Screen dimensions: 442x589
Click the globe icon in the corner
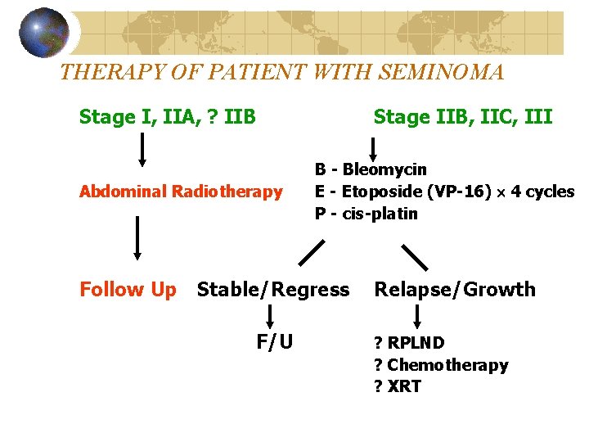click(43, 33)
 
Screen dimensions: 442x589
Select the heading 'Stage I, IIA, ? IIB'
click(168, 117)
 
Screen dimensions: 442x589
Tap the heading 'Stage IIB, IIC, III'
click(463, 117)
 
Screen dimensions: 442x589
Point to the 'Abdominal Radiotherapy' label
click(180, 192)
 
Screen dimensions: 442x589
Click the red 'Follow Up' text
click(128, 290)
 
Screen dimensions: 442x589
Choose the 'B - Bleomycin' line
click(371, 170)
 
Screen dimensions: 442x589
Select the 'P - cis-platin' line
click(366, 214)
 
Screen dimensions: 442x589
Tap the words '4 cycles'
click(542, 192)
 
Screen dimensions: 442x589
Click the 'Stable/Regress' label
click(273, 290)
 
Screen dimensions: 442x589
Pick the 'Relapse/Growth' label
click(455, 290)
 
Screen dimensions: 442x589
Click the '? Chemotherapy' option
click(441, 365)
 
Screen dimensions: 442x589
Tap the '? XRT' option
click(398, 386)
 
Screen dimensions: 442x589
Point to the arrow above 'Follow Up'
click(137, 237)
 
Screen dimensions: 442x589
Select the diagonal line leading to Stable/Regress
click(311, 253)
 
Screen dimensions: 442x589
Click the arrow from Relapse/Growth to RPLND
click(418, 317)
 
